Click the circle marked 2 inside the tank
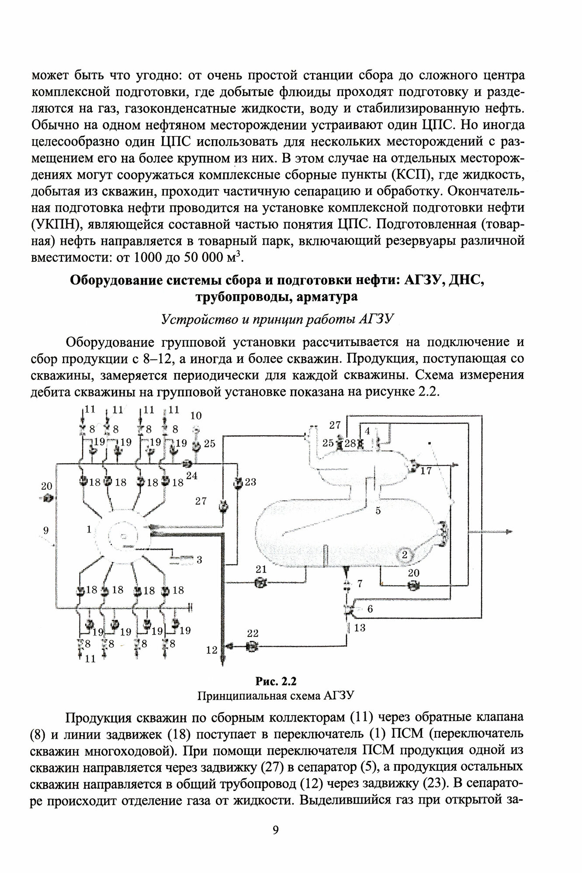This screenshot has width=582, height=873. [405, 555]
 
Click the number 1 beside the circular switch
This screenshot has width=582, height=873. [89, 529]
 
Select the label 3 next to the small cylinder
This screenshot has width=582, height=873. [199, 560]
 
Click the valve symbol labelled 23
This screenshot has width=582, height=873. [238, 483]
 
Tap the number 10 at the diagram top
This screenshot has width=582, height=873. [196, 415]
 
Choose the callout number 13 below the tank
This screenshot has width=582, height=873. [360, 628]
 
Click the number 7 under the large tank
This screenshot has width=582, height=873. [360, 584]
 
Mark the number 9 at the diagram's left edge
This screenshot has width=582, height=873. [46, 531]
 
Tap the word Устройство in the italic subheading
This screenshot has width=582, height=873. [190, 320]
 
